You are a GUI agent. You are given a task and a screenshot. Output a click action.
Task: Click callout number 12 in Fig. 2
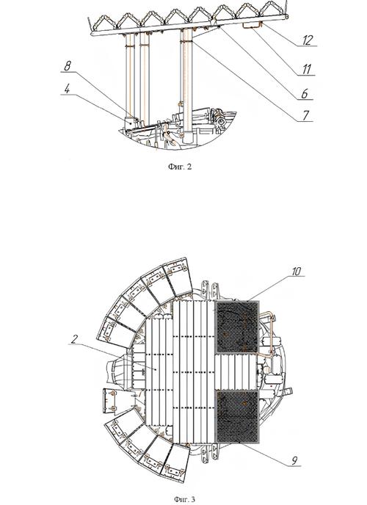click(308, 40)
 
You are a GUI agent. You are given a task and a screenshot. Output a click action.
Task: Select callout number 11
click(307, 69)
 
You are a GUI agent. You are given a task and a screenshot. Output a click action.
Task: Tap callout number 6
click(305, 94)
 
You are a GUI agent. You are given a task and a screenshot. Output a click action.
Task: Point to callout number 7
click(306, 115)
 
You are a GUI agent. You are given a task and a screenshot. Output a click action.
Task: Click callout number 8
click(68, 66)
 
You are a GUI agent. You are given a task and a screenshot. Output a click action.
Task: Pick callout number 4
click(67, 89)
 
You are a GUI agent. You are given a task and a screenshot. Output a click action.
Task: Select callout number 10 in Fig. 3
click(297, 271)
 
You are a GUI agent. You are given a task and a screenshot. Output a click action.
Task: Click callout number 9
click(294, 460)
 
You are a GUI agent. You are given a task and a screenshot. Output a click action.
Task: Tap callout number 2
click(75, 339)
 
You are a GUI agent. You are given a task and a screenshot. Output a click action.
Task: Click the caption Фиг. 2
click(180, 167)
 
